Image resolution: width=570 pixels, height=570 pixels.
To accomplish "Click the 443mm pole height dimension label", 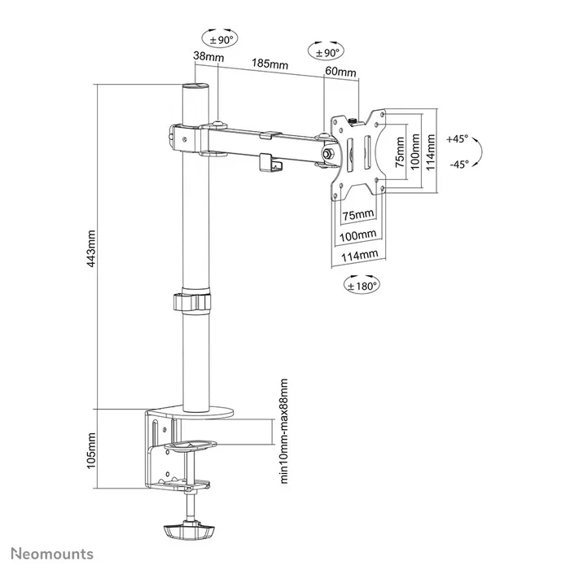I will point(91,248).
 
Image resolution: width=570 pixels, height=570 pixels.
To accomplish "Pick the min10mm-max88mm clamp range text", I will point(284,431).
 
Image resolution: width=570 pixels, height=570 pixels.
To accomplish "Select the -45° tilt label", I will point(458,164).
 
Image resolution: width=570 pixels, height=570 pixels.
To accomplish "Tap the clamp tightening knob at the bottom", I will point(189,533).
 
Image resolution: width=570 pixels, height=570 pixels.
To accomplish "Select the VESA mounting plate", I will point(356,154).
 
